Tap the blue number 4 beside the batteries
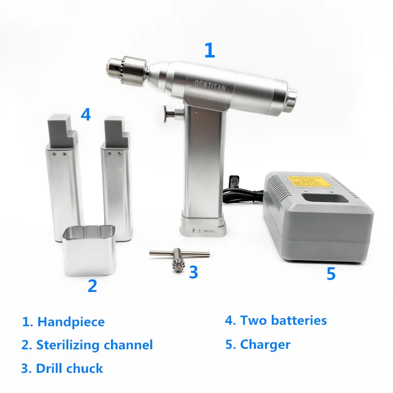tap(86, 114)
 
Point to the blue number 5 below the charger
tap(331, 273)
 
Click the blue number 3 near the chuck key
tap(194, 271)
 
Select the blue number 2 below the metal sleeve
tap(92, 285)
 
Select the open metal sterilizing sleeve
tap(89, 251)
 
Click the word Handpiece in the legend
tap(71, 322)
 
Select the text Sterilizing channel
tap(94, 345)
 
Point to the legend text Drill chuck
tap(69, 368)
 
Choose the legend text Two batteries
tap(283, 321)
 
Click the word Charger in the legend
tap(265, 344)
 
